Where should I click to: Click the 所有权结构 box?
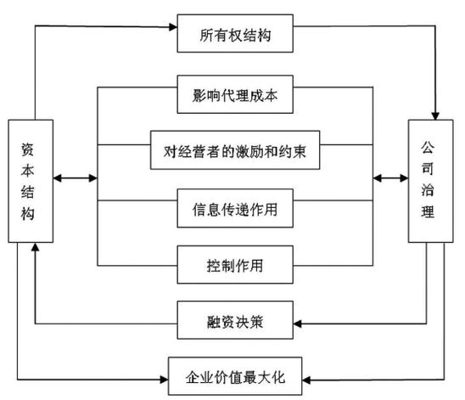point(235,36)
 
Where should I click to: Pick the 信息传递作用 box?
point(236,208)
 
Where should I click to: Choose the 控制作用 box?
point(236,263)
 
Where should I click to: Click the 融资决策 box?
point(236,322)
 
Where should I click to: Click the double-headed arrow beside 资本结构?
point(75,178)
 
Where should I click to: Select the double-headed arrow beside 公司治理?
point(390,178)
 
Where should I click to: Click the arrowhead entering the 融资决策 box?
point(298,322)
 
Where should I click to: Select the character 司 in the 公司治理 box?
point(429,166)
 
